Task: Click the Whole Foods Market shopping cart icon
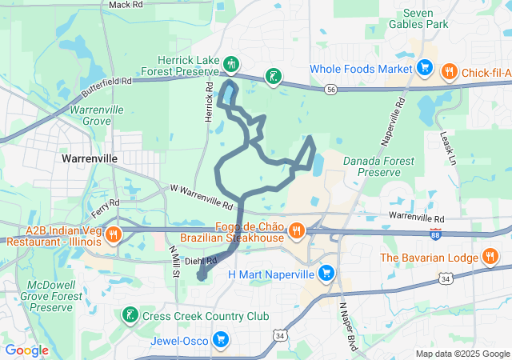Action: click(x=426, y=70)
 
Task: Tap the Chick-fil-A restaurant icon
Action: click(x=449, y=70)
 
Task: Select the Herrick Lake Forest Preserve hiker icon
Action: click(x=231, y=62)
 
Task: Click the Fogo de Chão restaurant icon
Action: click(x=296, y=231)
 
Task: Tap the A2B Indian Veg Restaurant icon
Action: click(x=113, y=235)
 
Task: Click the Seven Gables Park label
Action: click(x=426, y=19)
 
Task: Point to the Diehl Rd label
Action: click(x=201, y=260)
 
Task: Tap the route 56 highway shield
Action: click(x=330, y=90)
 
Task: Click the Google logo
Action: click(x=27, y=350)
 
